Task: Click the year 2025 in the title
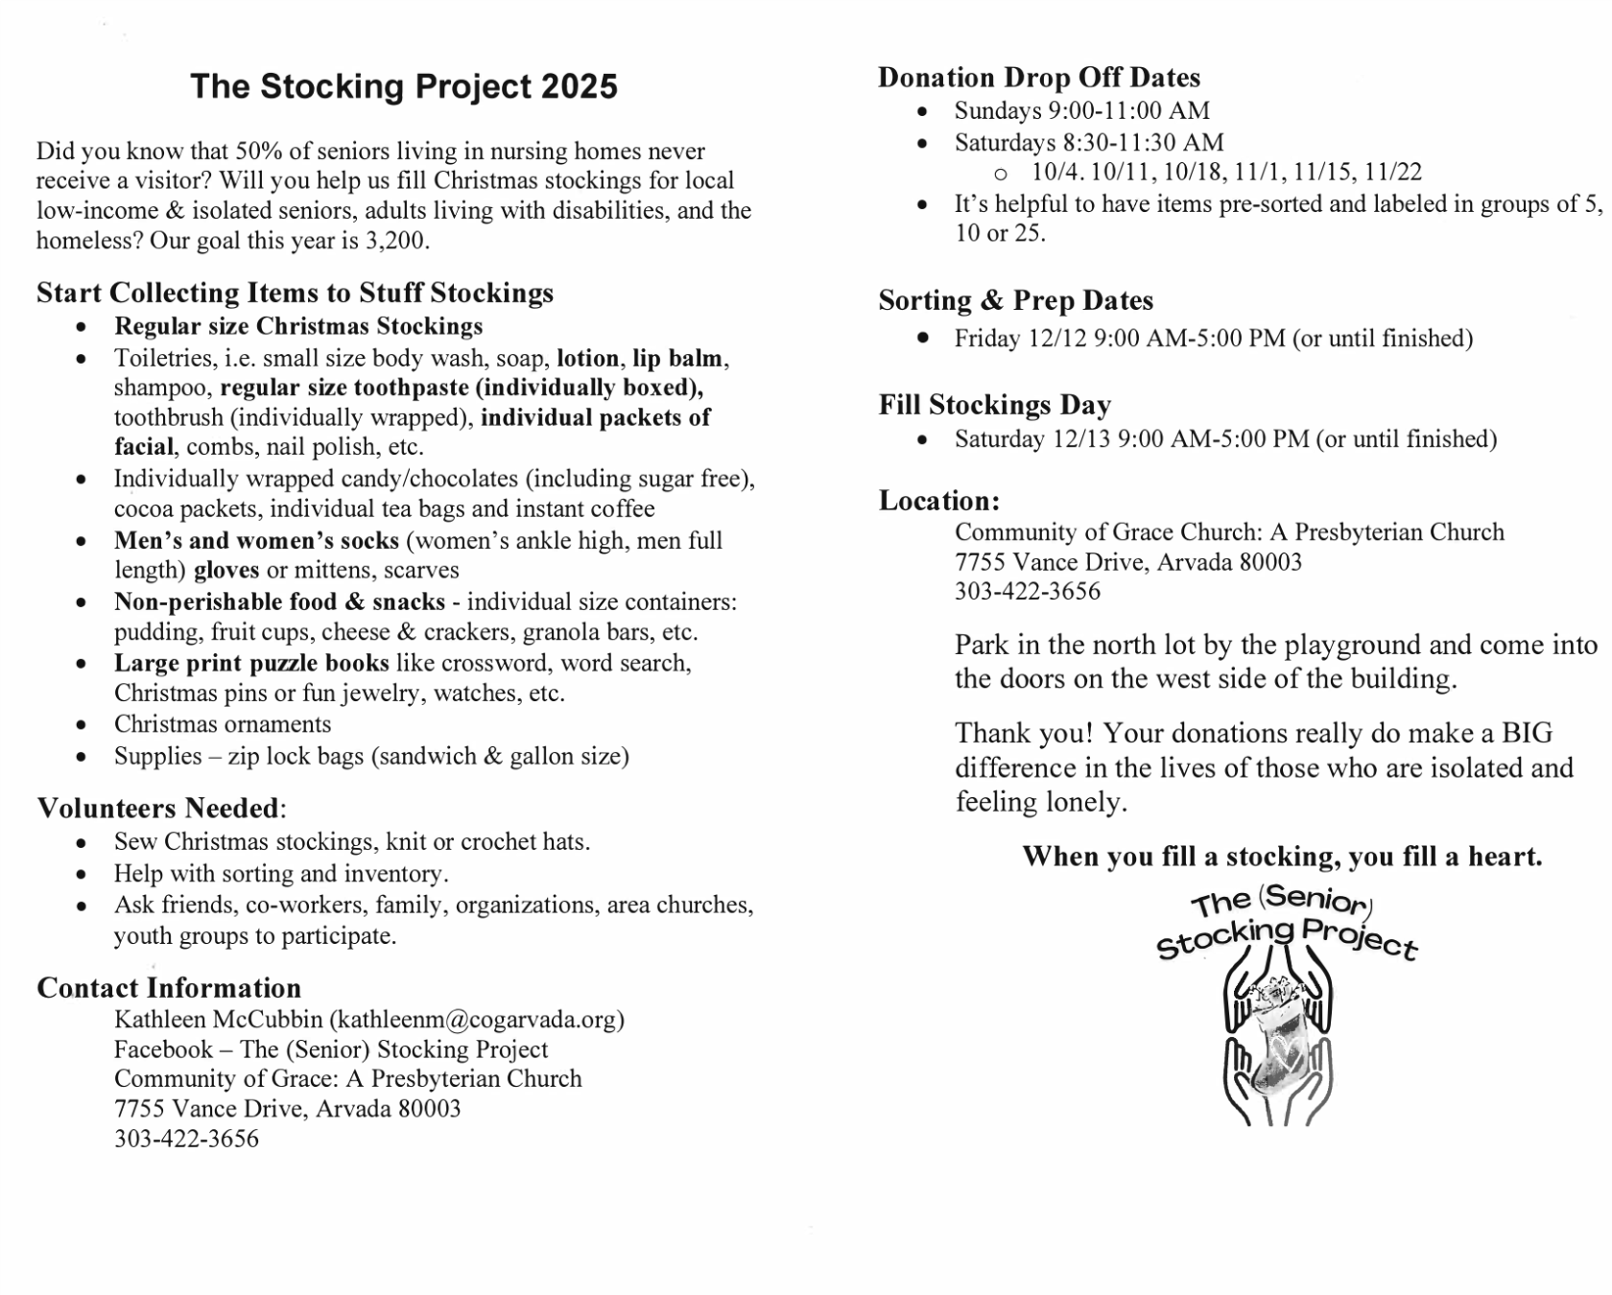point(579,86)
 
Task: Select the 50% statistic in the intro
point(255,151)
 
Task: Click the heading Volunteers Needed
point(158,808)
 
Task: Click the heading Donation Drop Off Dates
point(1038,77)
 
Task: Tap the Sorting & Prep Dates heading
point(1015,300)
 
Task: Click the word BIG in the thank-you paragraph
point(1527,734)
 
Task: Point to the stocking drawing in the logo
point(1277,1050)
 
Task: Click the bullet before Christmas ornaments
point(82,725)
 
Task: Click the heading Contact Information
point(169,988)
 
